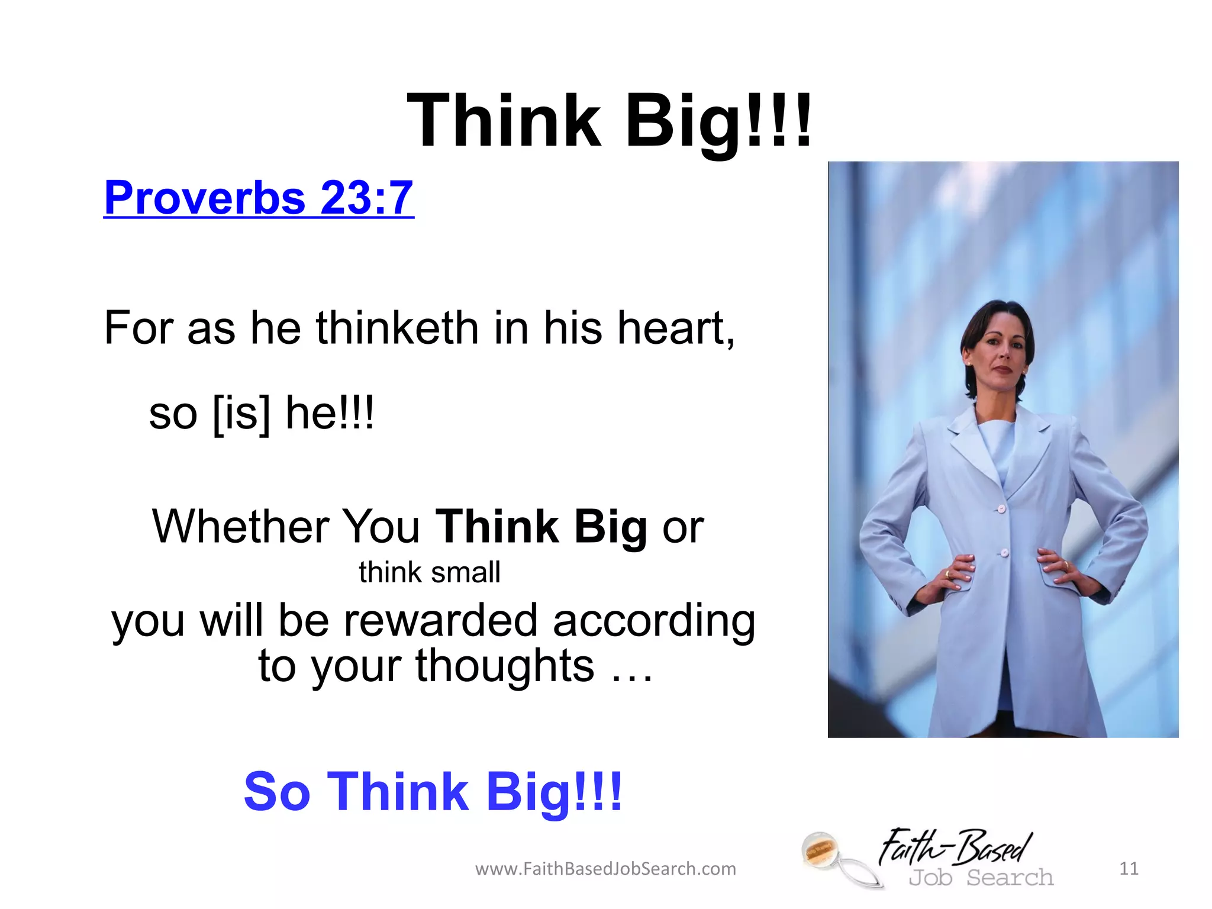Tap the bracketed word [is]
pyautogui.click(x=241, y=414)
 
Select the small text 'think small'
pyautogui.click(x=429, y=573)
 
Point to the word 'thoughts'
pyautogui.click(x=505, y=666)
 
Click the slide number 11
pyautogui.click(x=1129, y=868)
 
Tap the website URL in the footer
pyautogui.click(x=605, y=869)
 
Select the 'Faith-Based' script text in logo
pyautogui.click(x=955, y=847)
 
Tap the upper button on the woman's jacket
pyautogui.click(x=1001, y=508)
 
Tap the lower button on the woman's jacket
pyautogui.click(x=1004, y=553)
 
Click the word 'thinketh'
pyautogui.click(x=397, y=328)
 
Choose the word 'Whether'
pyautogui.click(x=240, y=526)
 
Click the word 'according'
pyautogui.click(x=654, y=621)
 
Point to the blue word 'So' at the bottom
pyautogui.click(x=277, y=791)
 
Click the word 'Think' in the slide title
pyautogui.click(x=504, y=121)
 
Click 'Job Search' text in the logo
pyautogui.click(x=981, y=878)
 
